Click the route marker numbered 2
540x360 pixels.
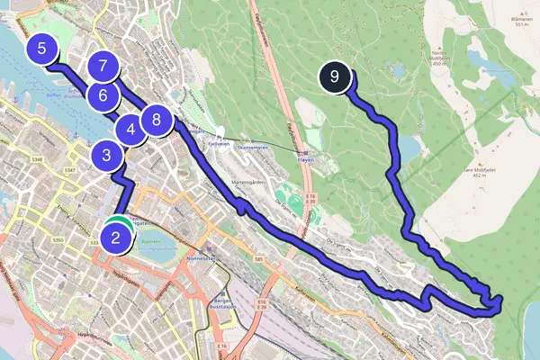point(115,238)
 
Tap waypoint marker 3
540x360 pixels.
point(107,157)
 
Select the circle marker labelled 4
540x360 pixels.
point(131,130)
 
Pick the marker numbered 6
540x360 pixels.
point(103,94)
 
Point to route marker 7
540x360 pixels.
point(103,66)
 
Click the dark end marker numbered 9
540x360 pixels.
point(334,77)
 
